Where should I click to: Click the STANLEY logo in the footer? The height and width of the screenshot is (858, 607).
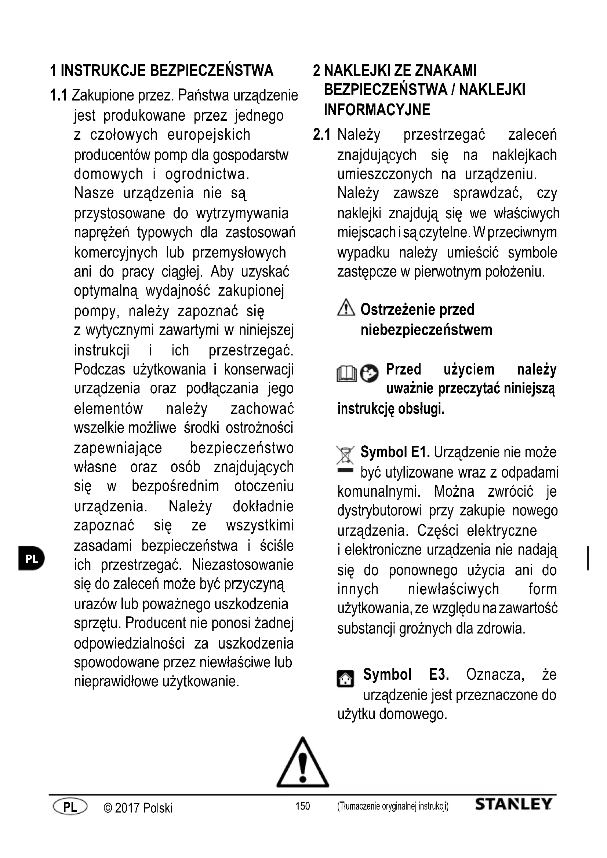click(513, 804)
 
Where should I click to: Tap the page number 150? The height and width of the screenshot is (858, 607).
click(302, 806)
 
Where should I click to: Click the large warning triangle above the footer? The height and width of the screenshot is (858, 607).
click(303, 763)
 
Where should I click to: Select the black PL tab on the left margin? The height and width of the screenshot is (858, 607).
click(31, 559)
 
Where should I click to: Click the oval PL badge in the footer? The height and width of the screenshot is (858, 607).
click(70, 806)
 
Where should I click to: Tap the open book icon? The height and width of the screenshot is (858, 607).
click(346, 374)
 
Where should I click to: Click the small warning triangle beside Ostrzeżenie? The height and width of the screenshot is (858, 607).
click(346, 308)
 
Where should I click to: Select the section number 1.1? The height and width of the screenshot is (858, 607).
click(59, 96)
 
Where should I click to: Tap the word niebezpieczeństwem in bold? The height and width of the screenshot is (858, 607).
click(426, 330)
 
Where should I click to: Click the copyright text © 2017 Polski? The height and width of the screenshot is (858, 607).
click(138, 807)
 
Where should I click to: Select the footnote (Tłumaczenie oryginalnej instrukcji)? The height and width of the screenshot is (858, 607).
click(392, 806)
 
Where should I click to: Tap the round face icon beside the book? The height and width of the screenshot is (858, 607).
click(369, 373)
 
